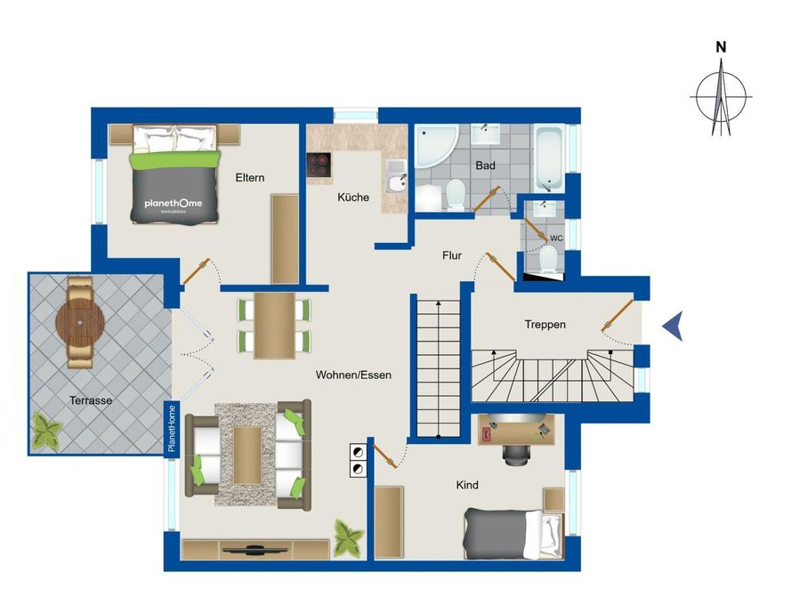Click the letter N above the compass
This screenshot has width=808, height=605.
(721, 47)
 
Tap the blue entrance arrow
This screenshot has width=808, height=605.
(674, 326)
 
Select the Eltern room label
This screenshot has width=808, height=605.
(250, 178)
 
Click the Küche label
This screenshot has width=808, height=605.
(353, 197)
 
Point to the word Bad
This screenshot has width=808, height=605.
(485, 165)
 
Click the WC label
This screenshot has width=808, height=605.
(556, 238)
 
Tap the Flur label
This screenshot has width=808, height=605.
(452, 255)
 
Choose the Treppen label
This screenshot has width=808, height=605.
(545, 325)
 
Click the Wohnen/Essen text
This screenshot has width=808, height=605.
(353, 375)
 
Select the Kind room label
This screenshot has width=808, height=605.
(467, 485)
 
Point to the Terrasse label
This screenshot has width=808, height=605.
(91, 400)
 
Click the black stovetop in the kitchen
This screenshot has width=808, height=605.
(319, 165)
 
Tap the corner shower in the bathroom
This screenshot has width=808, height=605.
(436, 146)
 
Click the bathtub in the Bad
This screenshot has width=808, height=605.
(550, 157)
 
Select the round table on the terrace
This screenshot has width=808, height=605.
(80, 323)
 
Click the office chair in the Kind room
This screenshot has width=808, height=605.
(517, 455)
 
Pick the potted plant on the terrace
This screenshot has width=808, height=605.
(46, 431)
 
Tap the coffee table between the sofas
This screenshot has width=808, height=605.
(247, 455)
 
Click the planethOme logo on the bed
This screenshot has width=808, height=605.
(174, 204)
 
